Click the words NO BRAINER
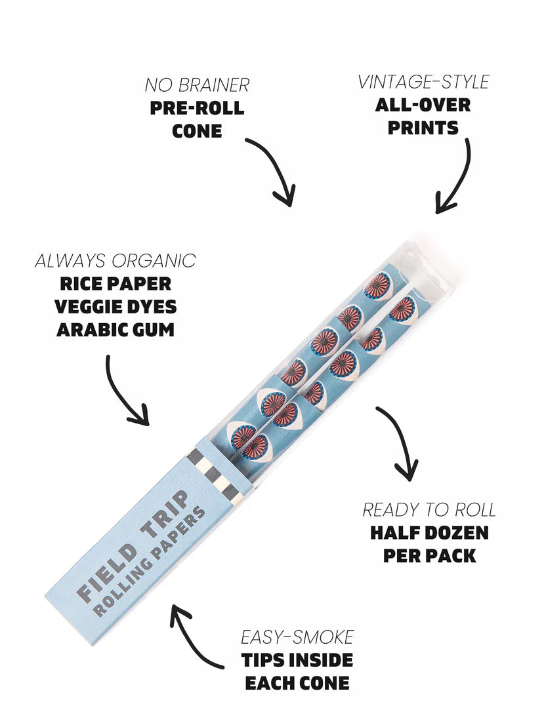pyautogui.click(x=197, y=85)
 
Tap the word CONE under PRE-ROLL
pyautogui.click(x=197, y=130)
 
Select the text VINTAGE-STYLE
pyautogui.click(x=423, y=83)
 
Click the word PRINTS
pyautogui.click(x=423, y=127)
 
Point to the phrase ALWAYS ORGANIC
pyautogui.click(x=115, y=260)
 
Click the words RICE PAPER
pyautogui.click(x=115, y=284)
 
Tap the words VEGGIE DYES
pyautogui.click(x=115, y=306)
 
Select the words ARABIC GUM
pyautogui.click(x=115, y=329)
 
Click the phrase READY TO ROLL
pyautogui.click(x=429, y=509)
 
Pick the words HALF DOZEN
pyautogui.click(x=429, y=532)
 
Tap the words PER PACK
pyautogui.click(x=429, y=555)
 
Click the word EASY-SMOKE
pyautogui.click(x=297, y=637)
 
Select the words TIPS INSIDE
pyautogui.click(x=297, y=659)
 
